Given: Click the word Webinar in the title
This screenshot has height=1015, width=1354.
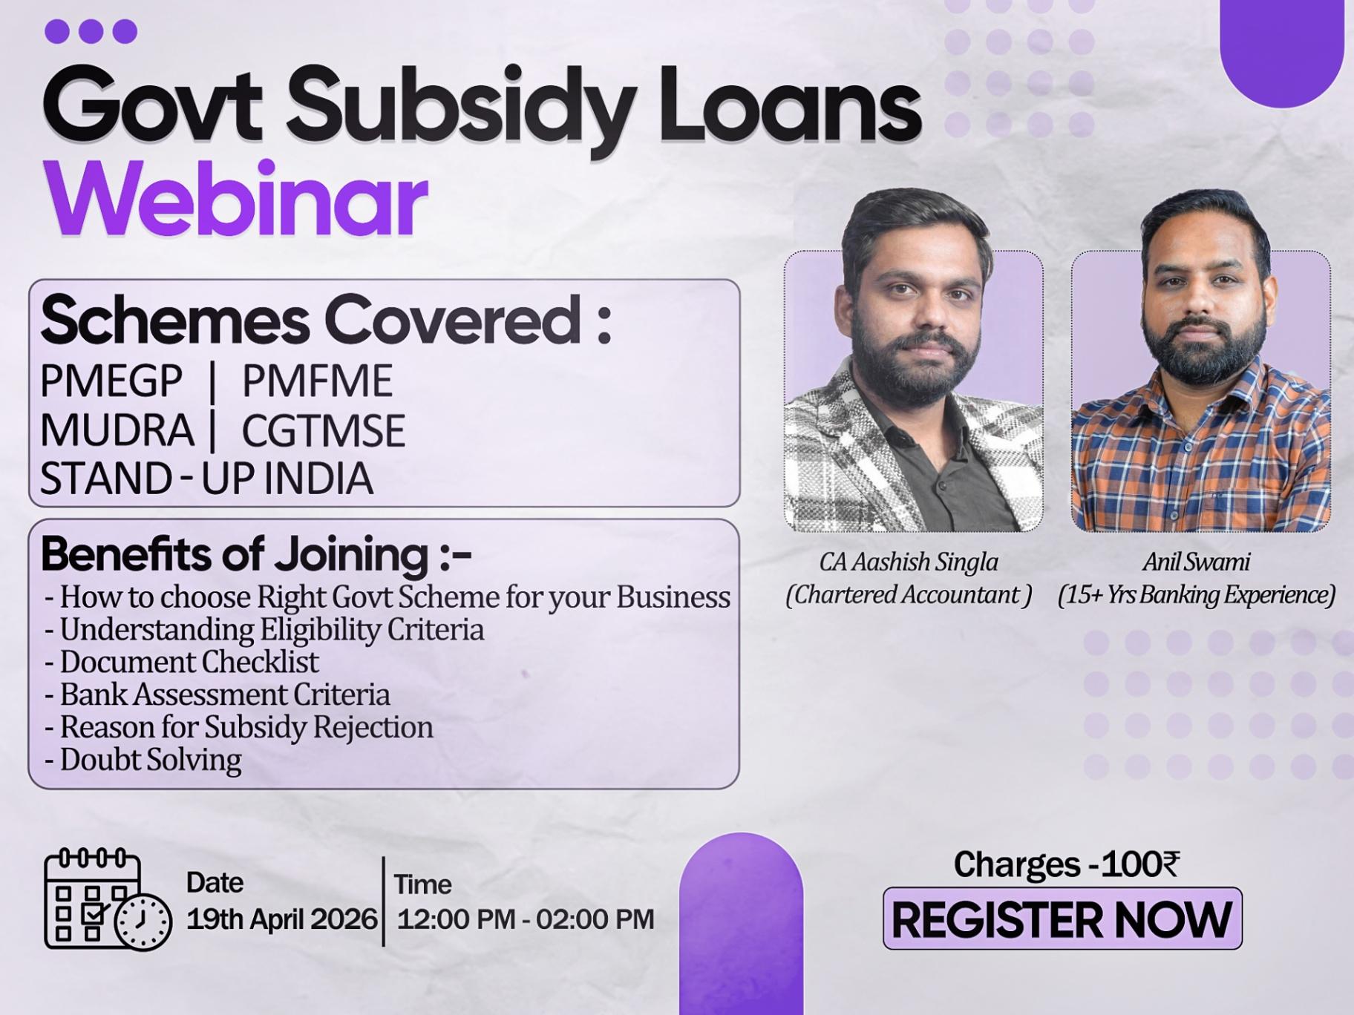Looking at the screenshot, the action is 236,198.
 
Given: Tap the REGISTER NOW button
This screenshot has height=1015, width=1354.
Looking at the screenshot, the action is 1062,919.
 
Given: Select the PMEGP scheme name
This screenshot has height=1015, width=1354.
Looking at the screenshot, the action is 111,381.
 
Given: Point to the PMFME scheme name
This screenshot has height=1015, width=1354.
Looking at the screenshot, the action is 317,381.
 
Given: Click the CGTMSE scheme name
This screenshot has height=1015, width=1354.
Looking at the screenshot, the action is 324,430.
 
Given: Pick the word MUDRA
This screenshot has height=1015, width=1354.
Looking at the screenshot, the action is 117,430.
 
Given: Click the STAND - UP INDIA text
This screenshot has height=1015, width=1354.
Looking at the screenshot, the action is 206,479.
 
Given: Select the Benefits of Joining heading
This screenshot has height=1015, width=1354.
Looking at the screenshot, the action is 256,554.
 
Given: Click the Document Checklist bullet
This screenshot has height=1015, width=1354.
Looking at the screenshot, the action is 182,662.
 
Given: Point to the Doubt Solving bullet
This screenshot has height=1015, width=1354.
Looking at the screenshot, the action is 143,760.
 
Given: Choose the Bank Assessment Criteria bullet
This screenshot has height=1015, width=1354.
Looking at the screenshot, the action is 218,694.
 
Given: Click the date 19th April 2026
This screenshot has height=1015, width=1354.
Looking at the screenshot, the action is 282,919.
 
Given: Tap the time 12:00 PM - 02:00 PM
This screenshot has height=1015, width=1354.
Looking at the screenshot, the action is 526,919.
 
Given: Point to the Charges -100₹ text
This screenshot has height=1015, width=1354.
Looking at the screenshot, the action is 1067,864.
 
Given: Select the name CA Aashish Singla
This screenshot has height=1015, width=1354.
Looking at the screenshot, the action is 909,562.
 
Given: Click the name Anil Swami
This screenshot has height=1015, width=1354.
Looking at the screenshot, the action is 1197,562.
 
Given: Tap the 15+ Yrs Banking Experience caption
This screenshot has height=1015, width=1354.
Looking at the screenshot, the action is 1197,595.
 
